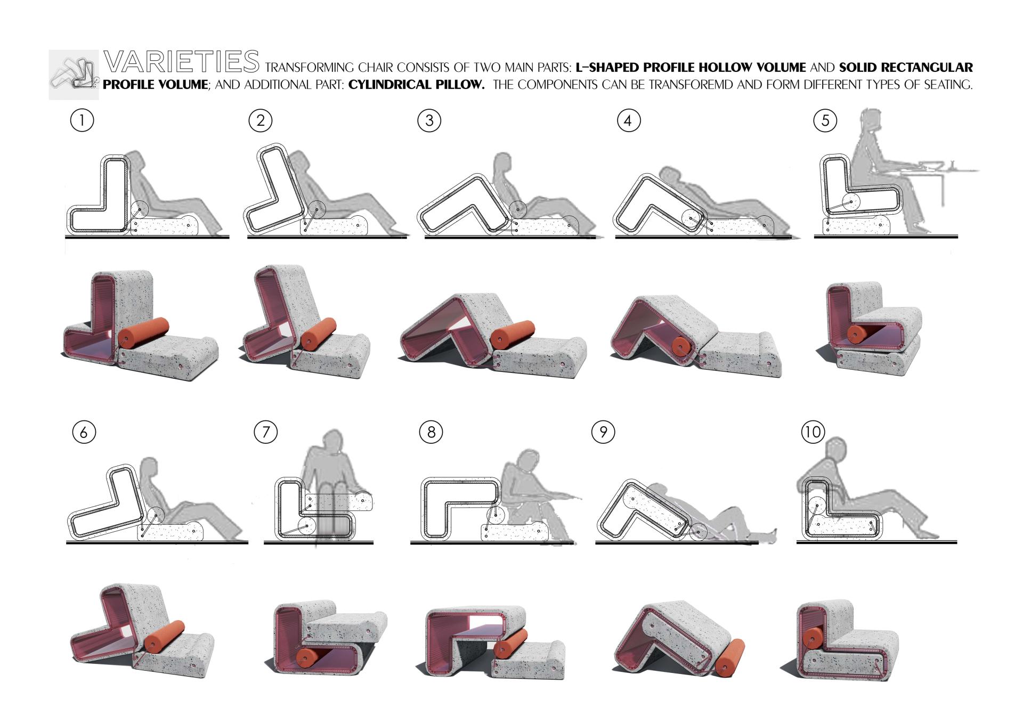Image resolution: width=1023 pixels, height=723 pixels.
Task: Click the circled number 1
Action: [82, 120]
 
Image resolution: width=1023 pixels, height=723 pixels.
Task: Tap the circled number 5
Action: [825, 120]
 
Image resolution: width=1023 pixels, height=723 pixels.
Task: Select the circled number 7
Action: [266, 432]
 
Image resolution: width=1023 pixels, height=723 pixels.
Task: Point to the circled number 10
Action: [813, 432]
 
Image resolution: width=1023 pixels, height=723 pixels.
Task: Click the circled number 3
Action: [429, 120]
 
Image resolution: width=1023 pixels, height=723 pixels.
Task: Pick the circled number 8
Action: [431, 432]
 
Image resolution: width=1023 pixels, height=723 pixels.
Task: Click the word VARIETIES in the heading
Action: [182, 61]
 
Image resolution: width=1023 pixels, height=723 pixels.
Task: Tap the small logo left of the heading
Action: [74, 75]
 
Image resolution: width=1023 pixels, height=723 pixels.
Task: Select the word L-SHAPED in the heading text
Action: [607, 68]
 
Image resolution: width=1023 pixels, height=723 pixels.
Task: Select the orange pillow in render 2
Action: [319, 332]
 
